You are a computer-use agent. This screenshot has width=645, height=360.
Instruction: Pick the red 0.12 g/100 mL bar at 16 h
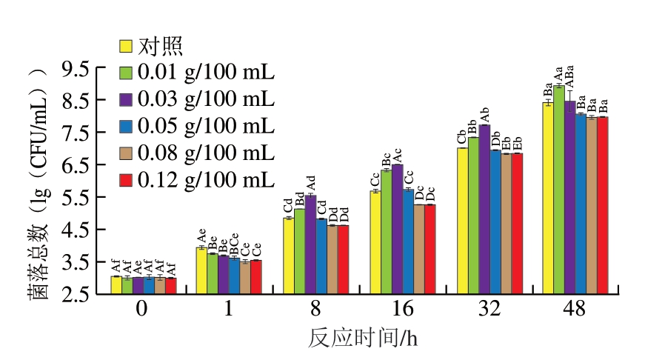pyautogui.click(x=430, y=249)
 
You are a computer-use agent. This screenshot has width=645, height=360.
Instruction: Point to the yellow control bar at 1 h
pyautogui.click(x=201, y=270)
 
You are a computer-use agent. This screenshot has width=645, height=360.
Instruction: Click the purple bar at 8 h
pyautogui.click(x=310, y=244)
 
